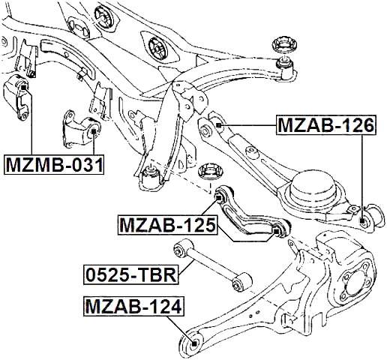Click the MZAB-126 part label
pos(325,125)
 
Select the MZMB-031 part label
pos(54,164)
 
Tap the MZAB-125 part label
pos(167,225)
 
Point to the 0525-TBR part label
pos(131,274)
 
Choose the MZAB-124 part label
pos(133,307)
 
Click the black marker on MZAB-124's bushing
pos(193,343)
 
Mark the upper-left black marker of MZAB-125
pos(218,198)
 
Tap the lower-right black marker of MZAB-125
pos(276,231)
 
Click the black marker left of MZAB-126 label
pos(219,125)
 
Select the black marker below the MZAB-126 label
pos(362,220)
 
